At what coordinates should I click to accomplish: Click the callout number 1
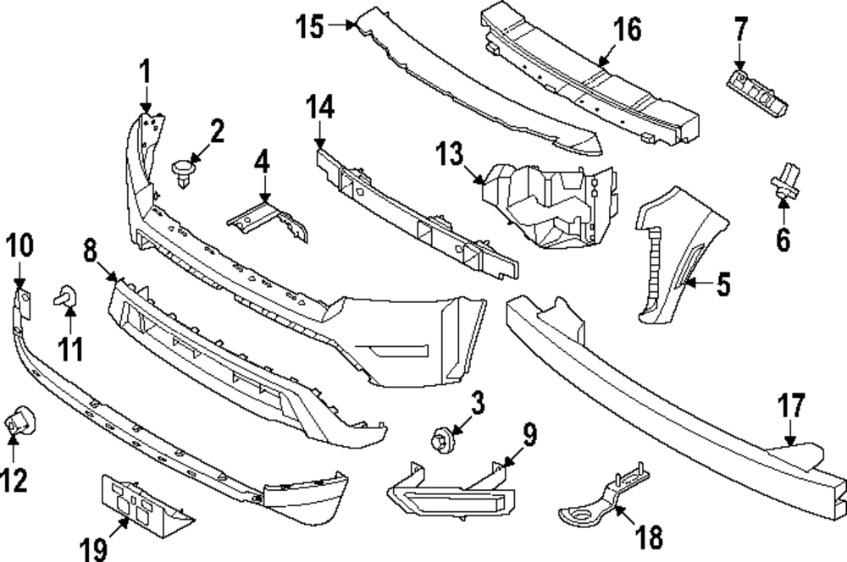(145, 73)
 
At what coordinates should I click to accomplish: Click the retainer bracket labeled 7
(756, 91)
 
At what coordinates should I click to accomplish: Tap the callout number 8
(91, 251)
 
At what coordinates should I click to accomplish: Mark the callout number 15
(310, 27)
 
